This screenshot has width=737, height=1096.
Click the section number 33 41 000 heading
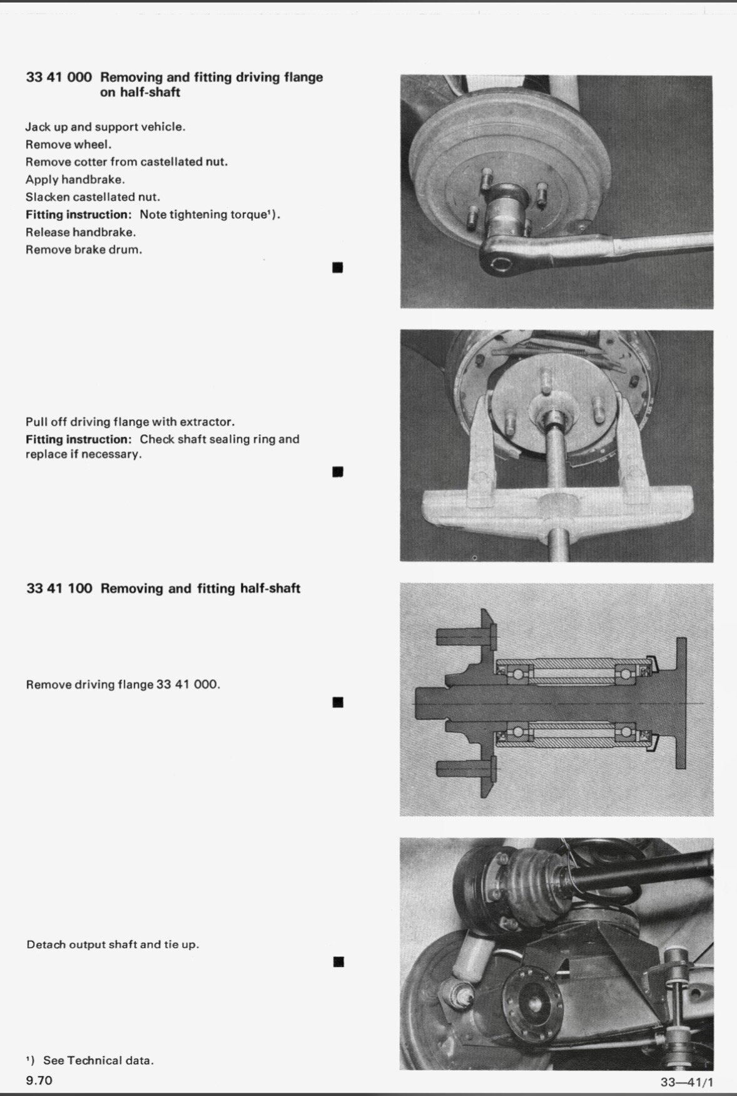[x=59, y=78]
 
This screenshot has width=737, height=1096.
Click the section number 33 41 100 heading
[x=59, y=588]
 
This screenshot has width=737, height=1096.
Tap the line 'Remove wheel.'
[x=68, y=145]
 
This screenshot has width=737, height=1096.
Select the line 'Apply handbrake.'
[x=75, y=180]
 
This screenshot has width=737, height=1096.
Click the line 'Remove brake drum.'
[x=84, y=250]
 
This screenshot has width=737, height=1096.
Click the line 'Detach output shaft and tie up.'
[x=113, y=944]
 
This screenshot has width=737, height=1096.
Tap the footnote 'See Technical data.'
[x=98, y=1060]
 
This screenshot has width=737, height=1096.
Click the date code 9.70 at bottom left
[x=39, y=1080]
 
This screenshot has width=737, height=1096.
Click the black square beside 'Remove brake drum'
[x=338, y=268]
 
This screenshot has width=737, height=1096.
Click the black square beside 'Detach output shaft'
[x=338, y=961]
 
